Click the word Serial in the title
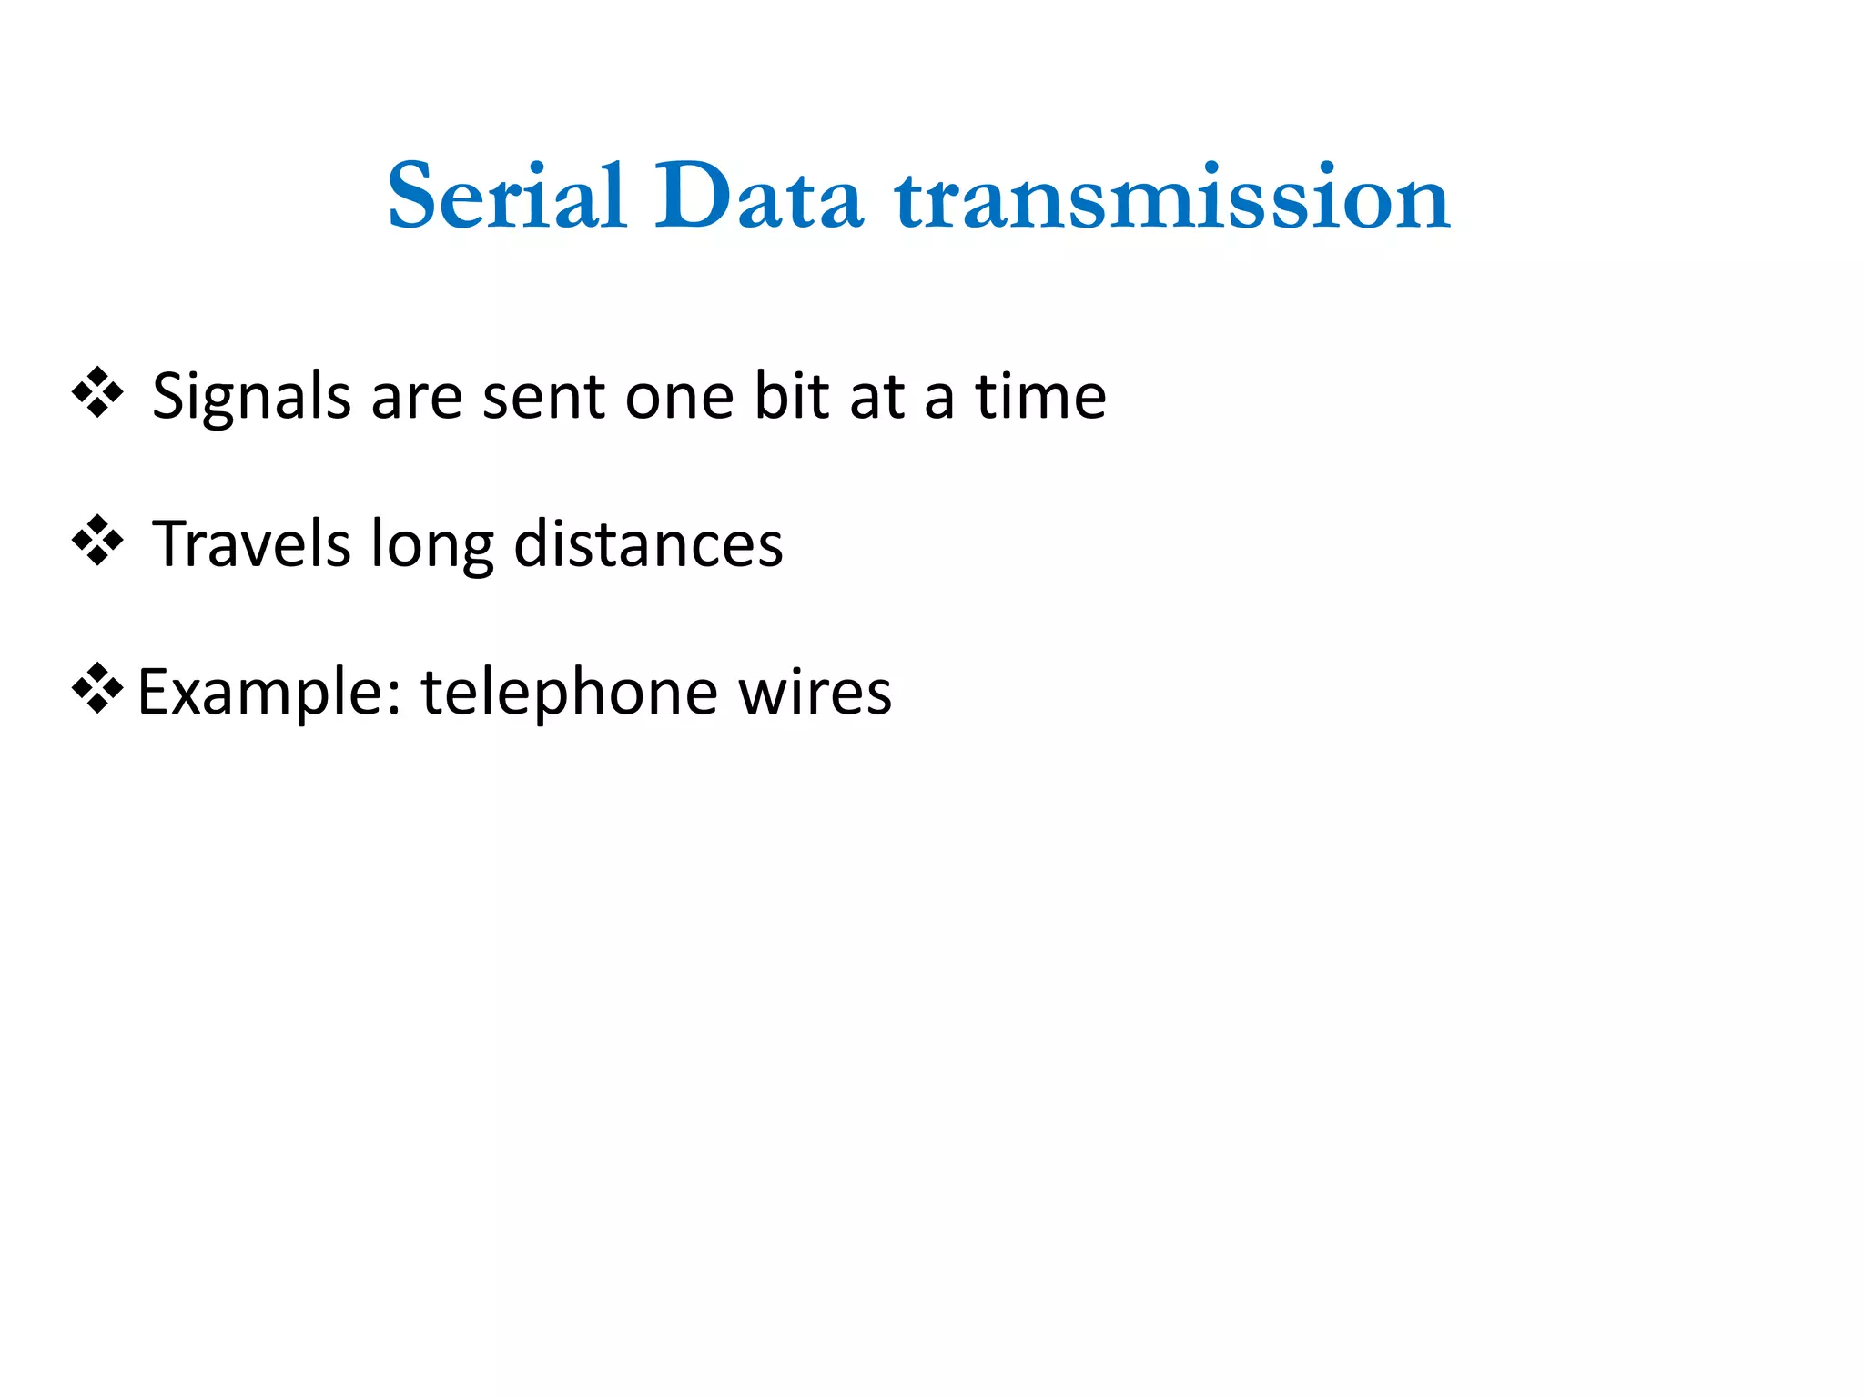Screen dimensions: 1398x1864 [507, 197]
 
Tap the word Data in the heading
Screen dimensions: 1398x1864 [758, 197]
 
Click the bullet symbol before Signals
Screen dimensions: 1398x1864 [97, 393]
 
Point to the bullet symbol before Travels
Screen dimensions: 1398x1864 [97, 542]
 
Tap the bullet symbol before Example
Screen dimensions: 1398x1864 [97, 689]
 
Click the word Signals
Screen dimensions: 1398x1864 [252, 399]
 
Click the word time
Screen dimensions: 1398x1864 [1040, 397]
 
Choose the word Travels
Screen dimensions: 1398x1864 [251, 543]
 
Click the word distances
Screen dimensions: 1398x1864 [648, 543]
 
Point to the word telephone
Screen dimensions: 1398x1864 [568, 694]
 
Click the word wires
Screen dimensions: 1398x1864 [815, 694]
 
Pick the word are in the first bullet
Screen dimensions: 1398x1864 [417, 399]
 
